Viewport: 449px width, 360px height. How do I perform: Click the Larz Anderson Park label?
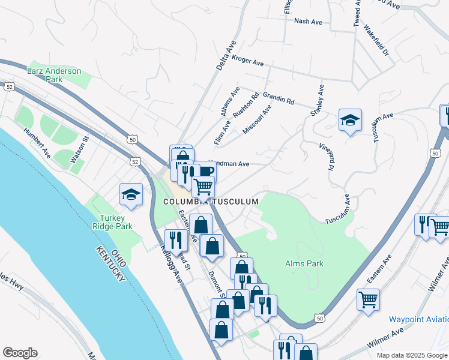[54, 75]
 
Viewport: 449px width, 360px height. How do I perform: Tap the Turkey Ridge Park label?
[107, 222]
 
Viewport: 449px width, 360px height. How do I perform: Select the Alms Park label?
[304, 263]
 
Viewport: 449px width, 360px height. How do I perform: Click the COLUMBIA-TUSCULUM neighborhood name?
[211, 202]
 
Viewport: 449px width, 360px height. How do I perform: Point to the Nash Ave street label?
[308, 22]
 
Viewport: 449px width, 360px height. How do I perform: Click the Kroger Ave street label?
[248, 62]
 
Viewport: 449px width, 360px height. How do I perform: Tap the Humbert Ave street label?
[37, 143]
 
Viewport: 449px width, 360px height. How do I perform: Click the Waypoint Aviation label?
[418, 319]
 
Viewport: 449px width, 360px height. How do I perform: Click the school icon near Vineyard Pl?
[349, 121]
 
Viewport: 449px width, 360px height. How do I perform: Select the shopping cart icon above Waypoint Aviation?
[368, 299]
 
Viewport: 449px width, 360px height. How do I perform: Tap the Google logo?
[20, 352]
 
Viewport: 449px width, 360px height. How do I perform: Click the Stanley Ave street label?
[317, 100]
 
